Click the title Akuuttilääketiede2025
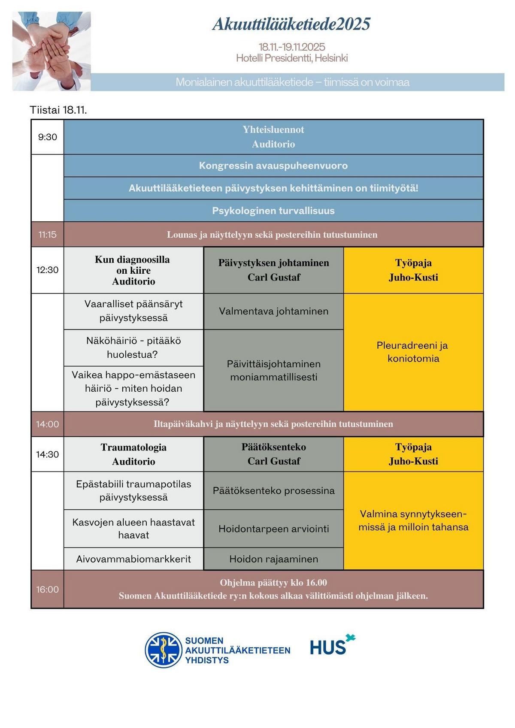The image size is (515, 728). click(x=291, y=24)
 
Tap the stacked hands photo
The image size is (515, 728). click(x=51, y=51)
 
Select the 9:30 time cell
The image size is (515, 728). click(x=47, y=137)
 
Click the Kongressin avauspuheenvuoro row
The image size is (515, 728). click(x=273, y=166)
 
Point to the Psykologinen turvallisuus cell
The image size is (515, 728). click(x=273, y=211)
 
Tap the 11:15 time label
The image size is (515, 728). click(x=47, y=234)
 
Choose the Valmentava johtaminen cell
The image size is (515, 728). click(x=273, y=311)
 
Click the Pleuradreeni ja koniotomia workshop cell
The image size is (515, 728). click(x=413, y=352)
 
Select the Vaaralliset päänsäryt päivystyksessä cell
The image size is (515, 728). click(x=133, y=311)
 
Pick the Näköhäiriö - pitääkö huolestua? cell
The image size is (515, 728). click(x=133, y=347)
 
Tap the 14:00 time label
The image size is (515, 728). click(x=47, y=424)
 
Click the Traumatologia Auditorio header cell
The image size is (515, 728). click(x=133, y=454)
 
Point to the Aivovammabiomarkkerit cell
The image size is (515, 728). click(x=133, y=559)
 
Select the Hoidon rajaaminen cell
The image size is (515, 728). click(x=273, y=559)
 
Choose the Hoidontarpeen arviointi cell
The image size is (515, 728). click(x=273, y=529)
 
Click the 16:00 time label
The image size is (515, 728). click(x=47, y=589)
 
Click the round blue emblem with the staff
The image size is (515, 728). click(x=163, y=650)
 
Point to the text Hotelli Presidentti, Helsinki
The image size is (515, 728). click(x=292, y=58)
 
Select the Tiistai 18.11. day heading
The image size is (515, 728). click(x=58, y=110)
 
